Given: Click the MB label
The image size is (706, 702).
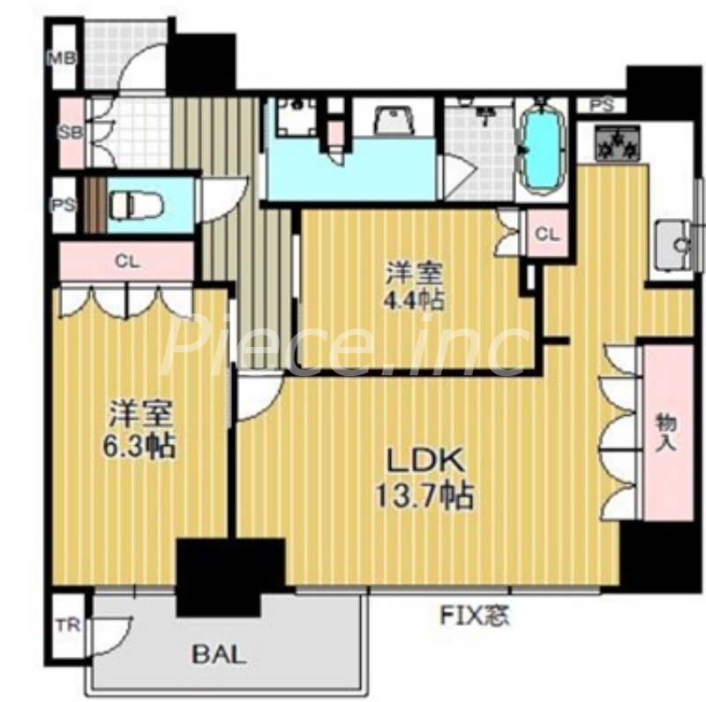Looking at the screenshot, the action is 63,57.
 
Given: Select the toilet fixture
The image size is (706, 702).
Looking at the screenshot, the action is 136,205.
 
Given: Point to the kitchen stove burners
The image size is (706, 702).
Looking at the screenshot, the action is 618,142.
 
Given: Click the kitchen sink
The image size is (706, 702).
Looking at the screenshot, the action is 672,245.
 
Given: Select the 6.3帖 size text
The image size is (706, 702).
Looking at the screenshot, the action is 139,446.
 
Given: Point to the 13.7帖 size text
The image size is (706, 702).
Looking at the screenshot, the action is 424,495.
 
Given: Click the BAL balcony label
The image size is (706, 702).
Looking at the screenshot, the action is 219,654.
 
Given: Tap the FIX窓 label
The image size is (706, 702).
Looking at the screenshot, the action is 475,616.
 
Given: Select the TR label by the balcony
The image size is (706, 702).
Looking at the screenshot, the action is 68,625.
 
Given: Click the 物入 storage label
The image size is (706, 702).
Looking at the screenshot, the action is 667,434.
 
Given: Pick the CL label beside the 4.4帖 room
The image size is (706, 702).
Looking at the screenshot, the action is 547,234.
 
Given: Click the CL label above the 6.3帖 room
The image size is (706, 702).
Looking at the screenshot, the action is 127,261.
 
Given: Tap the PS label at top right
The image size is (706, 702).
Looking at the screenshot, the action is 602,106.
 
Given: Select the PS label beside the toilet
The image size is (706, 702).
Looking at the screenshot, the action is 64,206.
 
